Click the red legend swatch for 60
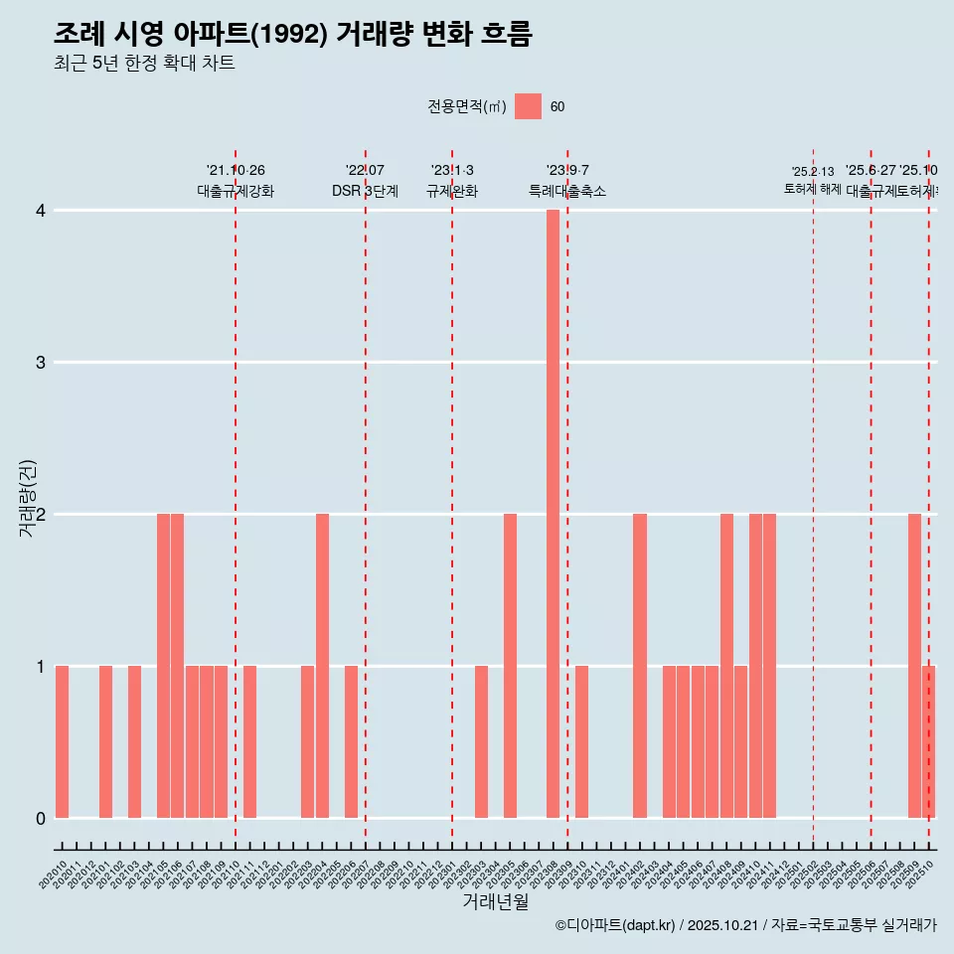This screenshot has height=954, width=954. [x=528, y=106]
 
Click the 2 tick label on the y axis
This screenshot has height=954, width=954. [x=41, y=515]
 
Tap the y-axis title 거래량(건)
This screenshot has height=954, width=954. [x=27, y=498]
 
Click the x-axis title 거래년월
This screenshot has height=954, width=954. [x=495, y=901]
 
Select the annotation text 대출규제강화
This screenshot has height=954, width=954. [x=236, y=192]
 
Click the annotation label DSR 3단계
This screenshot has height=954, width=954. [x=366, y=192]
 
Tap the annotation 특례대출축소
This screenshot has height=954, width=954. [x=567, y=192]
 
